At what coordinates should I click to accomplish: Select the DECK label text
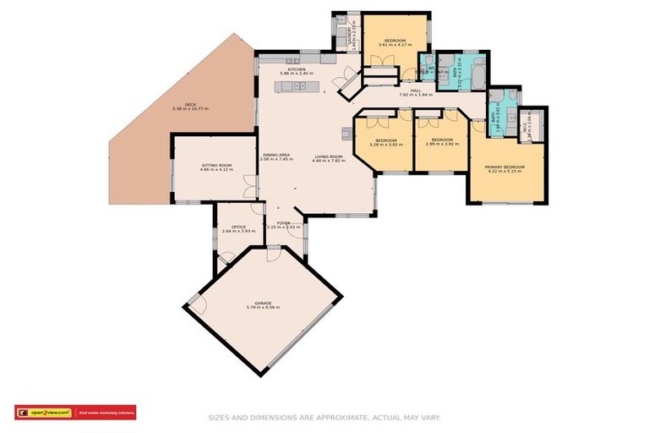190,104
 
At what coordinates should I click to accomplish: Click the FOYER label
283,222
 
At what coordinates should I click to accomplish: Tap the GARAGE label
261,303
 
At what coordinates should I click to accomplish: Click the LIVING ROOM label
329,156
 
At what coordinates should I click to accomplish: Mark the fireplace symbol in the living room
346,132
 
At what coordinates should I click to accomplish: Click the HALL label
415,90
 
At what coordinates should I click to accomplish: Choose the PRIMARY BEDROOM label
504,167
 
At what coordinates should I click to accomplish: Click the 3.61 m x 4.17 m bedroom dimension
395,47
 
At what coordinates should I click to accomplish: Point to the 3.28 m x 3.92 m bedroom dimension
385,144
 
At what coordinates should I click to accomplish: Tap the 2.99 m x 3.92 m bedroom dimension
443,144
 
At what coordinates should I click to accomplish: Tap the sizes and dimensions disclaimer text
324,417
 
